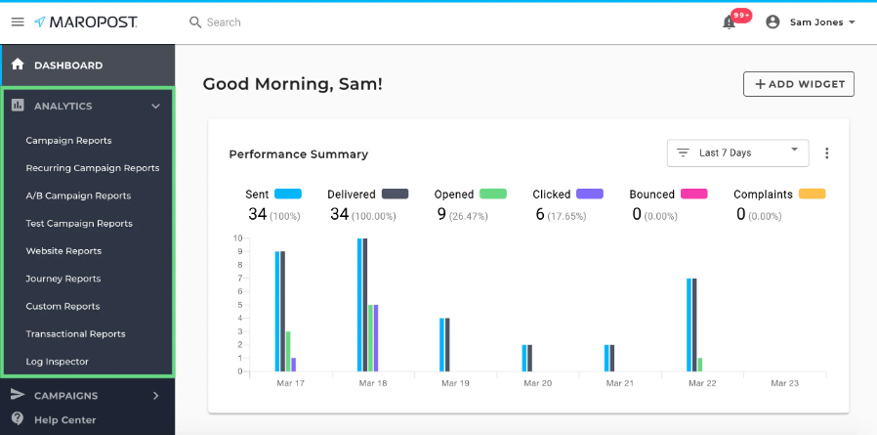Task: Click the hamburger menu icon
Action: pos(18,22)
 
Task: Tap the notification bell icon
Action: pos(729,22)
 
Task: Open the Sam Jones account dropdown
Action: pos(811,22)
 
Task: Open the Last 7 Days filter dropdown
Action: pos(737,152)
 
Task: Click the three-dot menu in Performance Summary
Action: pos(827,153)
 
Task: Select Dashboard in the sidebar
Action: pos(68,65)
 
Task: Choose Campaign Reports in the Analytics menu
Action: pos(68,141)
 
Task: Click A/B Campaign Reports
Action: pos(78,196)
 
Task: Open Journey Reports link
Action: pos(63,279)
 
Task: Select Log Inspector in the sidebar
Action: pos(57,362)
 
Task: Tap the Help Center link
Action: pos(64,420)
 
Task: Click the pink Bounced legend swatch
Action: pos(693,195)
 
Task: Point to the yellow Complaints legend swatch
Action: pos(812,195)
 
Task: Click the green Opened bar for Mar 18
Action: pos(369,337)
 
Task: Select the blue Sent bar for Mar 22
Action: pos(689,325)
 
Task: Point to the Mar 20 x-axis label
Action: pos(537,383)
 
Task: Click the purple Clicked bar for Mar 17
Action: pos(293,364)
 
